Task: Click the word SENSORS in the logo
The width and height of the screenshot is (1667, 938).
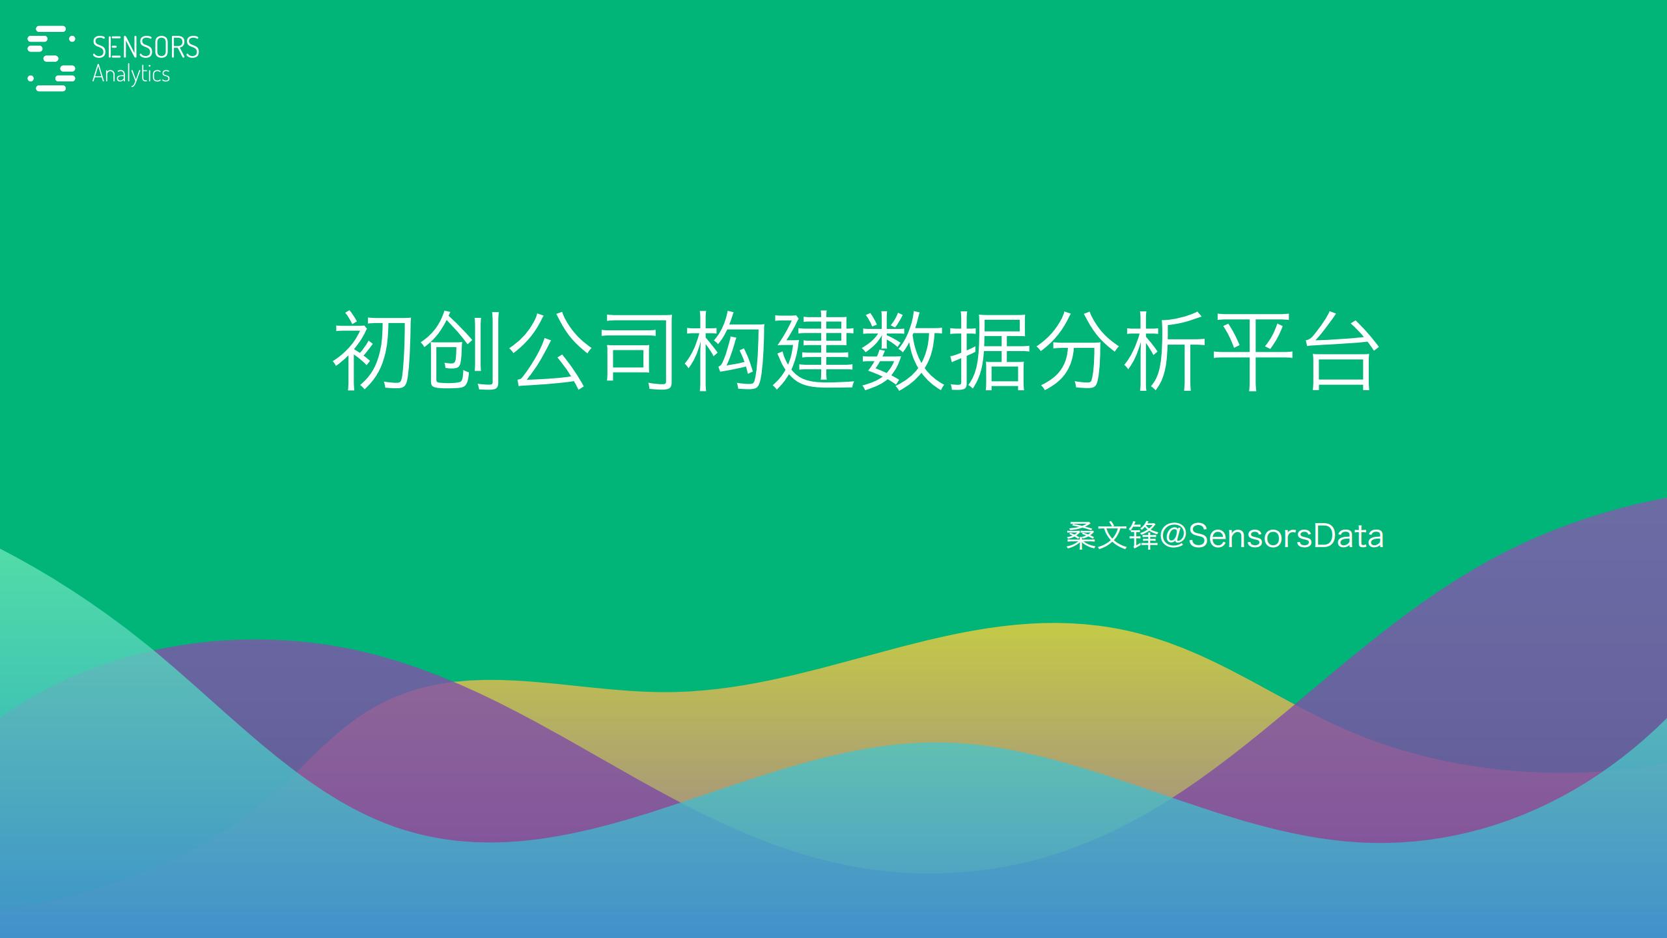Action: click(146, 48)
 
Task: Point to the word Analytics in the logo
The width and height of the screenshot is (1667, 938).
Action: click(131, 74)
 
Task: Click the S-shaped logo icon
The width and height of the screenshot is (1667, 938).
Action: click(51, 58)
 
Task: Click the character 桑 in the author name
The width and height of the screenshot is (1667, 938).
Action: click(1081, 537)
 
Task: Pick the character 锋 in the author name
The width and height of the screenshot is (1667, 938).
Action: click(1142, 537)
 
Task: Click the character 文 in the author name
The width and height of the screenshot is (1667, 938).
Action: click(1112, 537)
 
